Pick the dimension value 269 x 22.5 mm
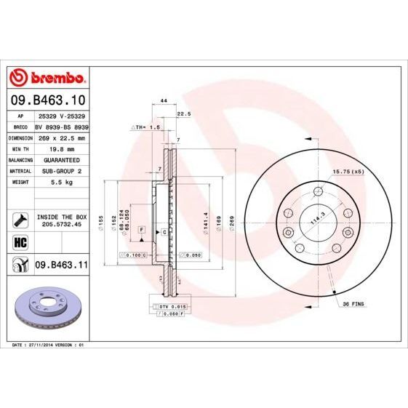click(x=61, y=137)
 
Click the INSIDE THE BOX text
click(x=61, y=217)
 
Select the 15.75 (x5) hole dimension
click(x=347, y=172)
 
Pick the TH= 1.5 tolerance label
click(x=146, y=127)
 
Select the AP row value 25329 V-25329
click(x=61, y=116)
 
